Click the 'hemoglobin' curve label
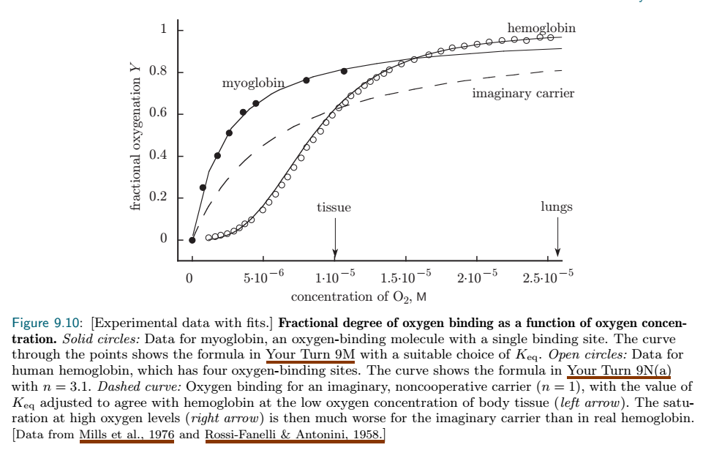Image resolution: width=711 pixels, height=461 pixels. click(x=541, y=29)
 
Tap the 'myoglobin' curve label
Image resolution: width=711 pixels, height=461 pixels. click(x=253, y=83)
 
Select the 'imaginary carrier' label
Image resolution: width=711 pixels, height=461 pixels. click(x=523, y=93)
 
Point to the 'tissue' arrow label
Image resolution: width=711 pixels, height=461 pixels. click(x=334, y=207)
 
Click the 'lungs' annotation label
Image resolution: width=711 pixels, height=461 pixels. click(x=557, y=207)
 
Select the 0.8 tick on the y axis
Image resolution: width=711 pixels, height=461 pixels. click(x=179, y=72)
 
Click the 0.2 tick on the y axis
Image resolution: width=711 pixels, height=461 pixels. click(x=179, y=198)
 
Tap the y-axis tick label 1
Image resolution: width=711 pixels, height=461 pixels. click(x=164, y=30)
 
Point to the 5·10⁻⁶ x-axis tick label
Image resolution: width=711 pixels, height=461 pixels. click(x=263, y=277)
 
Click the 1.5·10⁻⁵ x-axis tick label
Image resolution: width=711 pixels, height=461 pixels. click(x=406, y=277)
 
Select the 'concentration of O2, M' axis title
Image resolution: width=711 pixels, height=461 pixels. click(x=358, y=297)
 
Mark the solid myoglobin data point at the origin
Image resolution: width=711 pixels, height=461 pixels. click(x=192, y=239)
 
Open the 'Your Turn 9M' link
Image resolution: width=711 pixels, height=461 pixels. click(x=310, y=355)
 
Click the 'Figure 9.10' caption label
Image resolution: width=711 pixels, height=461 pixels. click(x=49, y=323)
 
